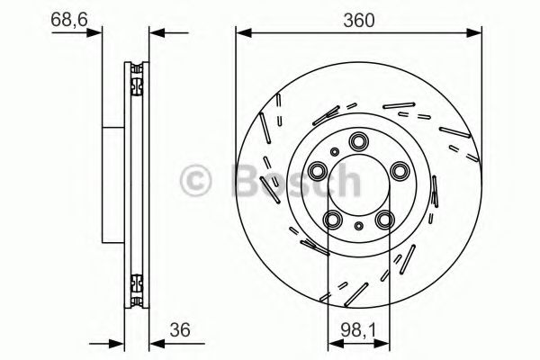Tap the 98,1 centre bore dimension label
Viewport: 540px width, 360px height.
359,329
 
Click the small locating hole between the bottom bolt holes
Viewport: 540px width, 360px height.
359,225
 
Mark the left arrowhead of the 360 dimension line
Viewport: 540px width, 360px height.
242,33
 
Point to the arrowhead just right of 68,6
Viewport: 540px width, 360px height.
94,33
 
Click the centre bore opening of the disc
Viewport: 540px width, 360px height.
359,184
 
